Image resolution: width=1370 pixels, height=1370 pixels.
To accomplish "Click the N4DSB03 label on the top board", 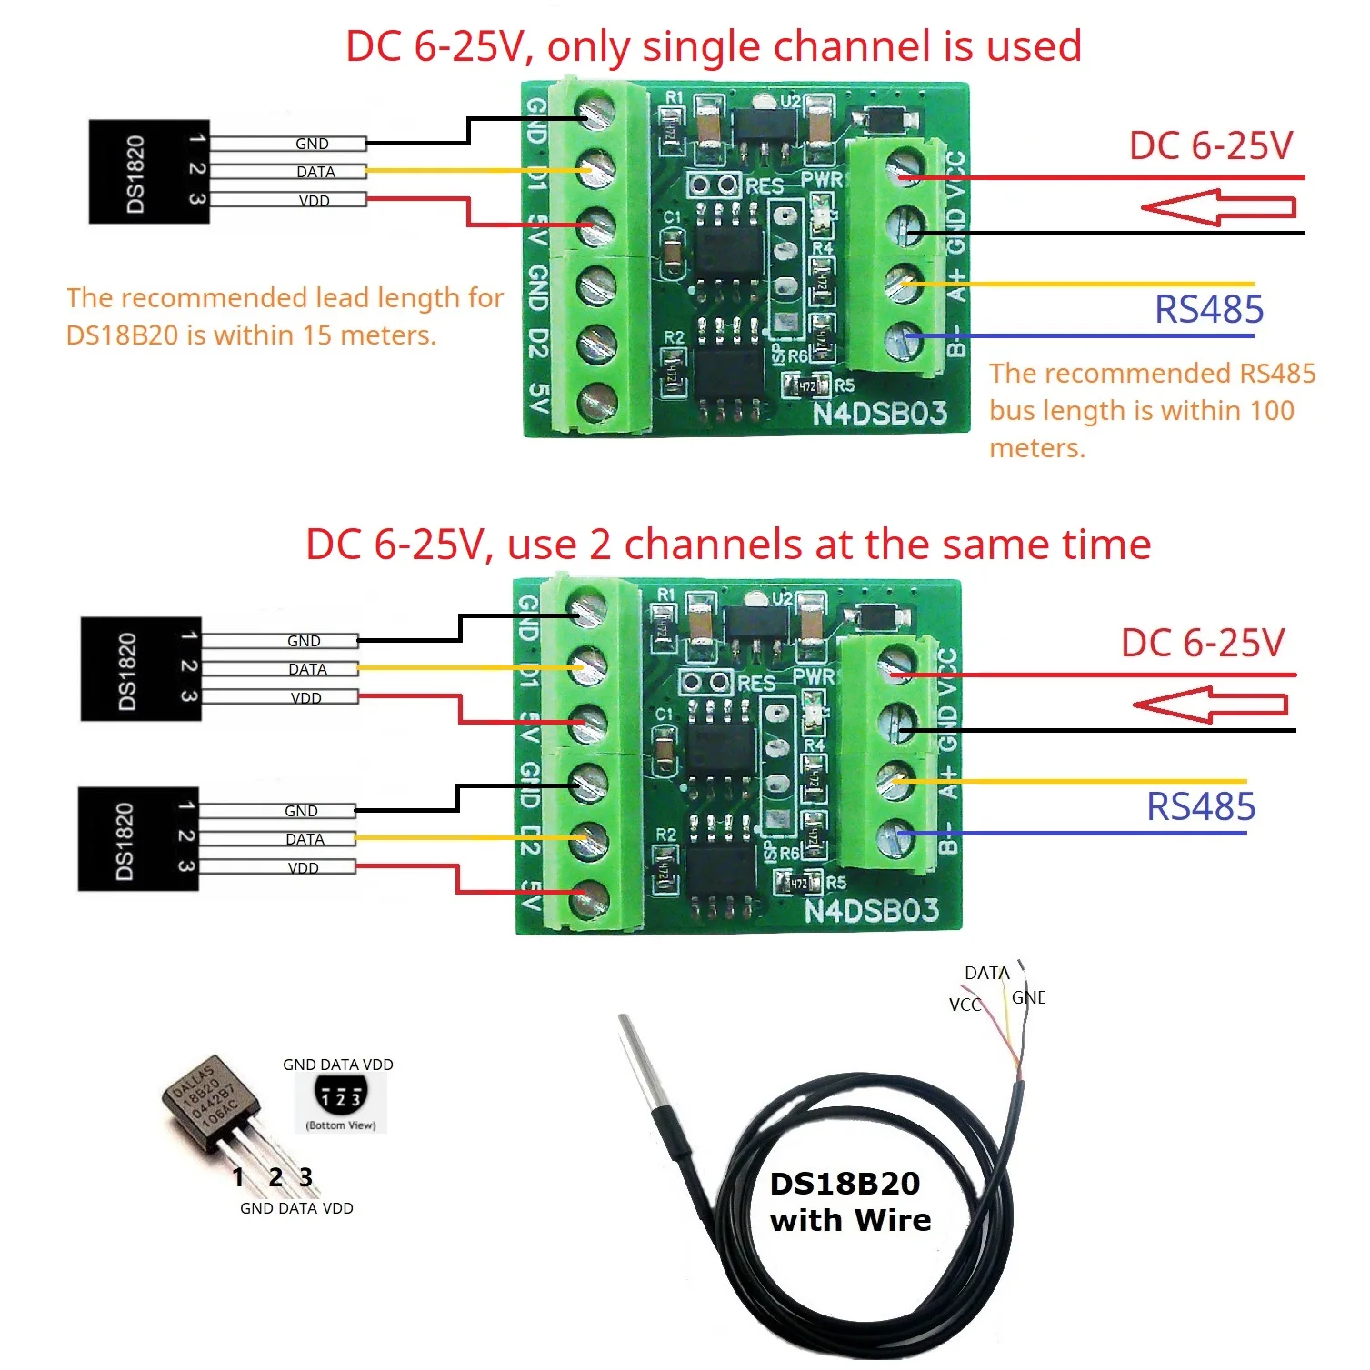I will click(x=879, y=414).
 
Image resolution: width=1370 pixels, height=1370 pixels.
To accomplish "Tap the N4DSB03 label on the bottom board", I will click(x=871, y=910).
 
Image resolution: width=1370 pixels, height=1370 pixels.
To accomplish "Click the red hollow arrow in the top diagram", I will click(x=1218, y=207).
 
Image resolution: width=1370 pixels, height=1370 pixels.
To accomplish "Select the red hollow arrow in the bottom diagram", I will click(x=1210, y=705).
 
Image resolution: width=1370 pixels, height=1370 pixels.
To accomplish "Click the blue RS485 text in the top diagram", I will click(x=1209, y=310).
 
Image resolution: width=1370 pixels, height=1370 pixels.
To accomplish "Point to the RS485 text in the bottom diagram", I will click(x=1201, y=807).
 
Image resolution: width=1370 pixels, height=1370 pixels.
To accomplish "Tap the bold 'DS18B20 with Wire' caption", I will click(x=850, y=1202).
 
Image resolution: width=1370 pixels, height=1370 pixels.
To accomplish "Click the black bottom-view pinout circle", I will click(x=341, y=1095).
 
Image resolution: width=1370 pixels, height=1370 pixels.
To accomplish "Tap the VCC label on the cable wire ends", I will click(x=965, y=1005).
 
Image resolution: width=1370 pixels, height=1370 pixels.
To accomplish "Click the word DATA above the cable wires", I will click(x=986, y=973).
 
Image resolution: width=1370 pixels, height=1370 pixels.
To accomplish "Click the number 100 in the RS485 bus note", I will click(x=1272, y=411).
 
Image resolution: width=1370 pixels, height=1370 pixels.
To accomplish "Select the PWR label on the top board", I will click(x=821, y=179).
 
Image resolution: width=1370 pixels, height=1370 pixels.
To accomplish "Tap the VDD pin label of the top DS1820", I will click(x=315, y=201).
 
